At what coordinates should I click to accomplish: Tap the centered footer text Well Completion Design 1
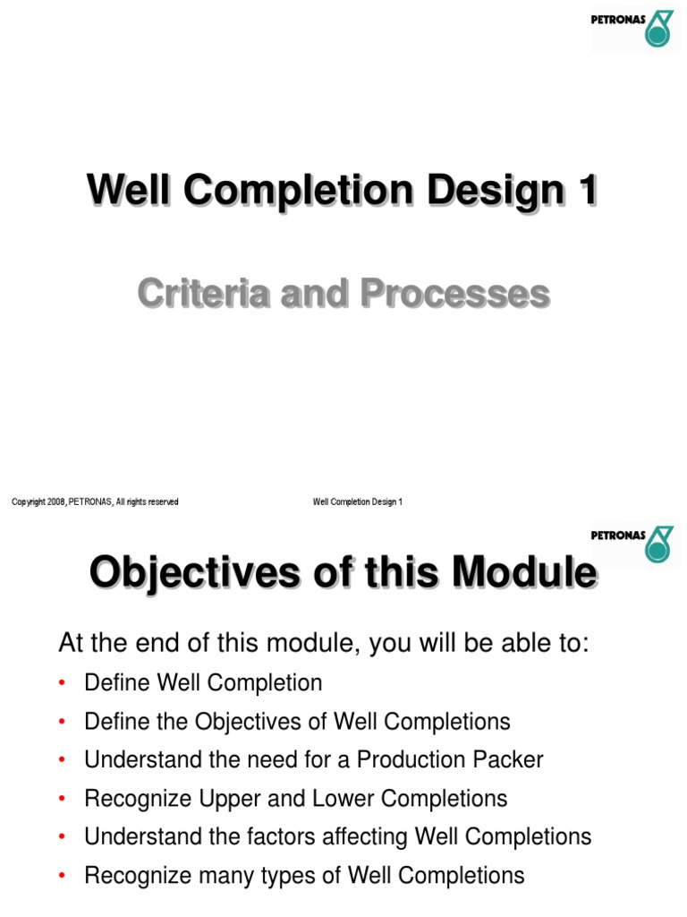coord(358,502)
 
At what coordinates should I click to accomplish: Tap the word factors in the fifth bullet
coord(290,836)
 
